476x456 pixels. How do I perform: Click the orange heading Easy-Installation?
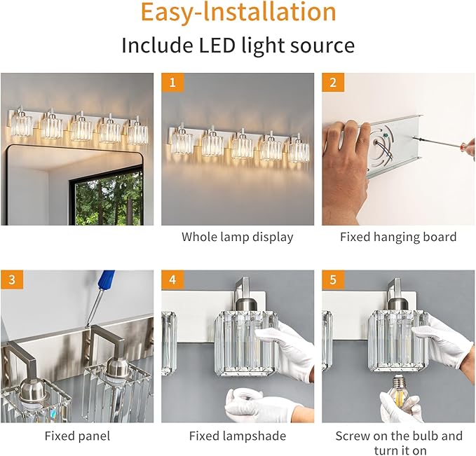click(x=238, y=13)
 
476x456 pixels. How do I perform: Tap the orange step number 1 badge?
click(x=172, y=83)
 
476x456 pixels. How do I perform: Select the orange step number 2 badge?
click(x=333, y=83)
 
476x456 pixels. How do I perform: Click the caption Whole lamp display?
click(x=237, y=237)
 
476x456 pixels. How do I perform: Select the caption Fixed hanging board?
click(x=397, y=237)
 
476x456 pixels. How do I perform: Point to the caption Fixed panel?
click(x=77, y=436)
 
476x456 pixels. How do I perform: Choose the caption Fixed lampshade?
click(x=237, y=436)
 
